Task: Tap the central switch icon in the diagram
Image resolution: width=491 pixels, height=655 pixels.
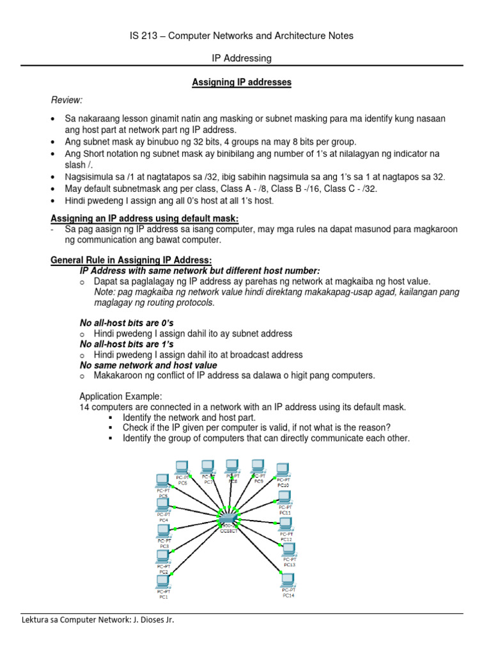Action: coord(228,515)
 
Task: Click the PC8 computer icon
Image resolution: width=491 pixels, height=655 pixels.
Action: coord(232,467)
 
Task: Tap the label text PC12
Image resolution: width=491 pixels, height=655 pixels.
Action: coord(286,539)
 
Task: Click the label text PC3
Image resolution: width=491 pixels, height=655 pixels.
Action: coord(164,546)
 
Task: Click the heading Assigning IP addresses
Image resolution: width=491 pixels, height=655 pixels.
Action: coord(242,83)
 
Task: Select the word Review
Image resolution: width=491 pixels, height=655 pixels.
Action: coord(66,100)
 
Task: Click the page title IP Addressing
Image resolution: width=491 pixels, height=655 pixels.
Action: coord(242,58)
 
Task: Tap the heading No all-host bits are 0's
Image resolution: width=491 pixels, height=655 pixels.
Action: coord(126,323)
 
